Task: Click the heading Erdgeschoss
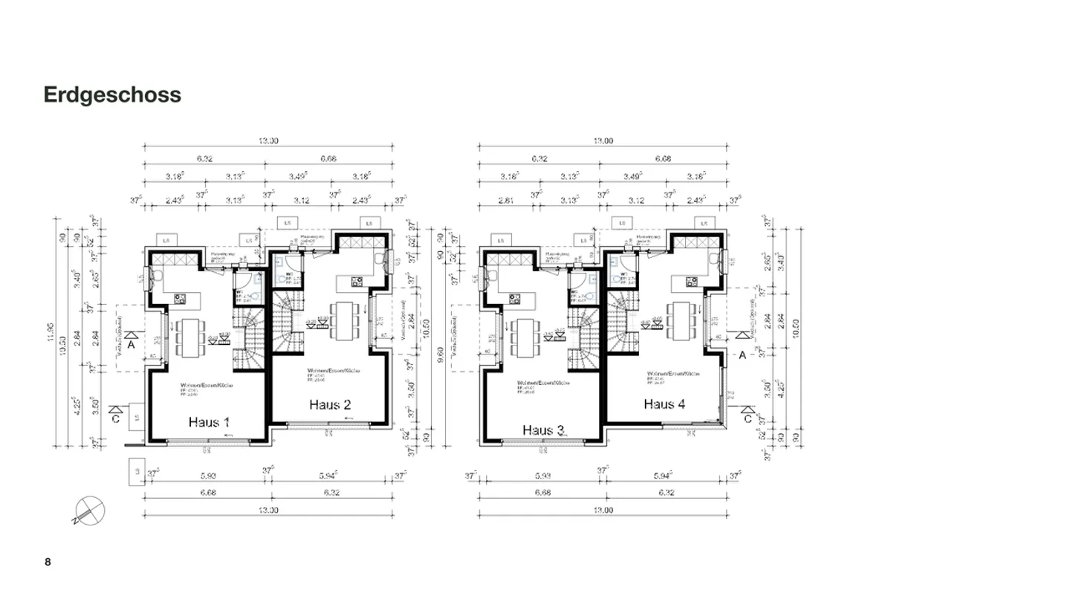point(112,95)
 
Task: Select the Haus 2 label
point(330,404)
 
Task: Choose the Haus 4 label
point(664,404)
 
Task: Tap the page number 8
point(48,562)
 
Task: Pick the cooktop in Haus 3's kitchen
point(514,299)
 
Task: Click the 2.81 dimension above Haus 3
point(505,201)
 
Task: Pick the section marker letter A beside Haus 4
point(742,355)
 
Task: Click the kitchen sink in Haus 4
point(713,258)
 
